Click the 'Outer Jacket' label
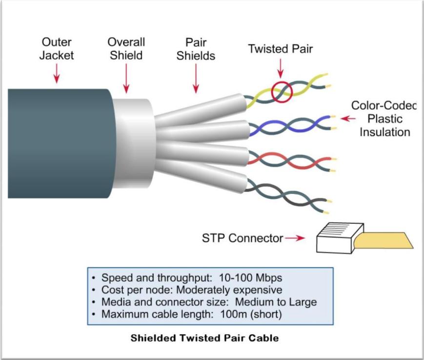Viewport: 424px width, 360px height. pos(57,48)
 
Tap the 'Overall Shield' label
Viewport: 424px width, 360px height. pos(126,48)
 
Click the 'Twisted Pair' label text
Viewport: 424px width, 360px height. pos(280,49)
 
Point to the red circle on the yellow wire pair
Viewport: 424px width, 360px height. pos(281,91)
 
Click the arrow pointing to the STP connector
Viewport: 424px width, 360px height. pos(295,238)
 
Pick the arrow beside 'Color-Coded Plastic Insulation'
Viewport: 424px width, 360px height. pos(347,118)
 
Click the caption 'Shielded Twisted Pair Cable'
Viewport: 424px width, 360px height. pos(204,338)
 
